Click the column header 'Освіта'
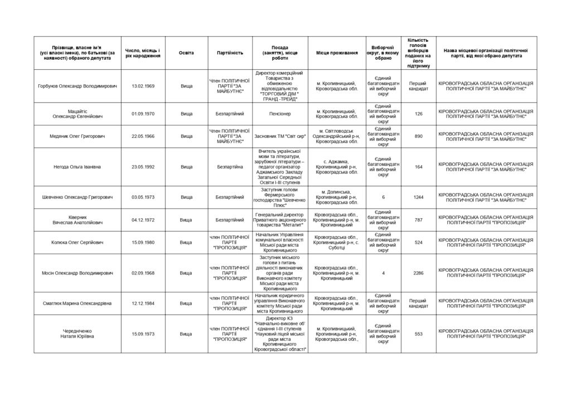pos(186,52)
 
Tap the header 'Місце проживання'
pos(337,52)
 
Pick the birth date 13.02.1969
pos(143,86)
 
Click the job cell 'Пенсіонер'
pos(280,114)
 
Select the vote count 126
pos(418,114)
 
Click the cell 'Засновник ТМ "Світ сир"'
pos(280,136)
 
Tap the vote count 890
pos(418,136)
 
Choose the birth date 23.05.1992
pos(143,166)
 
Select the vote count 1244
pos(418,197)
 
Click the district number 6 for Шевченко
pos(383,197)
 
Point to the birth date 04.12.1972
pos(143,220)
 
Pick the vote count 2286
pos(418,273)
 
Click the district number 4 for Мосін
pos(383,273)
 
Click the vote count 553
pos(418,334)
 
